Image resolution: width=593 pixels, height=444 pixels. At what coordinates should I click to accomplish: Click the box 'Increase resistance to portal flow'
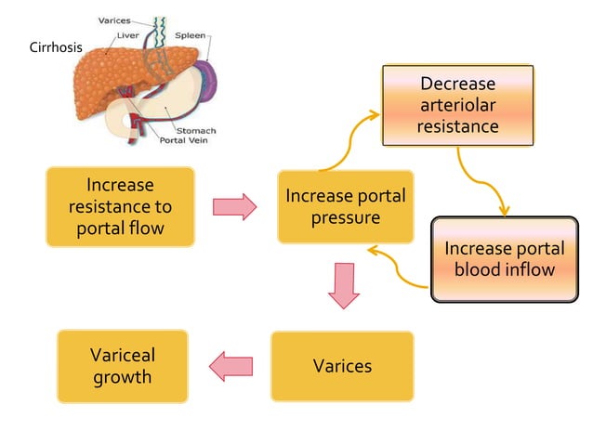click(x=120, y=206)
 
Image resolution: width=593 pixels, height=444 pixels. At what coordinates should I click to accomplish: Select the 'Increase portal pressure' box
click(x=345, y=206)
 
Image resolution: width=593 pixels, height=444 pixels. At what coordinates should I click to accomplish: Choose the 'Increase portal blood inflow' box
click(x=503, y=259)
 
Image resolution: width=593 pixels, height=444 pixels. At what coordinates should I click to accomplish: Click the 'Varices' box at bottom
click(x=342, y=366)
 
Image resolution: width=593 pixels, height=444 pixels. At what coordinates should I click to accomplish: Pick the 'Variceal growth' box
click(x=122, y=366)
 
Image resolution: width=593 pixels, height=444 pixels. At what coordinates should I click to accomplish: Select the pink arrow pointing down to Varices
click(x=345, y=285)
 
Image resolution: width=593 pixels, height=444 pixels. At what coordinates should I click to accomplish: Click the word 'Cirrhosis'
click(x=57, y=47)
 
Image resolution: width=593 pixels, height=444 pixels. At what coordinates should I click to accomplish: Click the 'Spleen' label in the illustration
click(x=190, y=35)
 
